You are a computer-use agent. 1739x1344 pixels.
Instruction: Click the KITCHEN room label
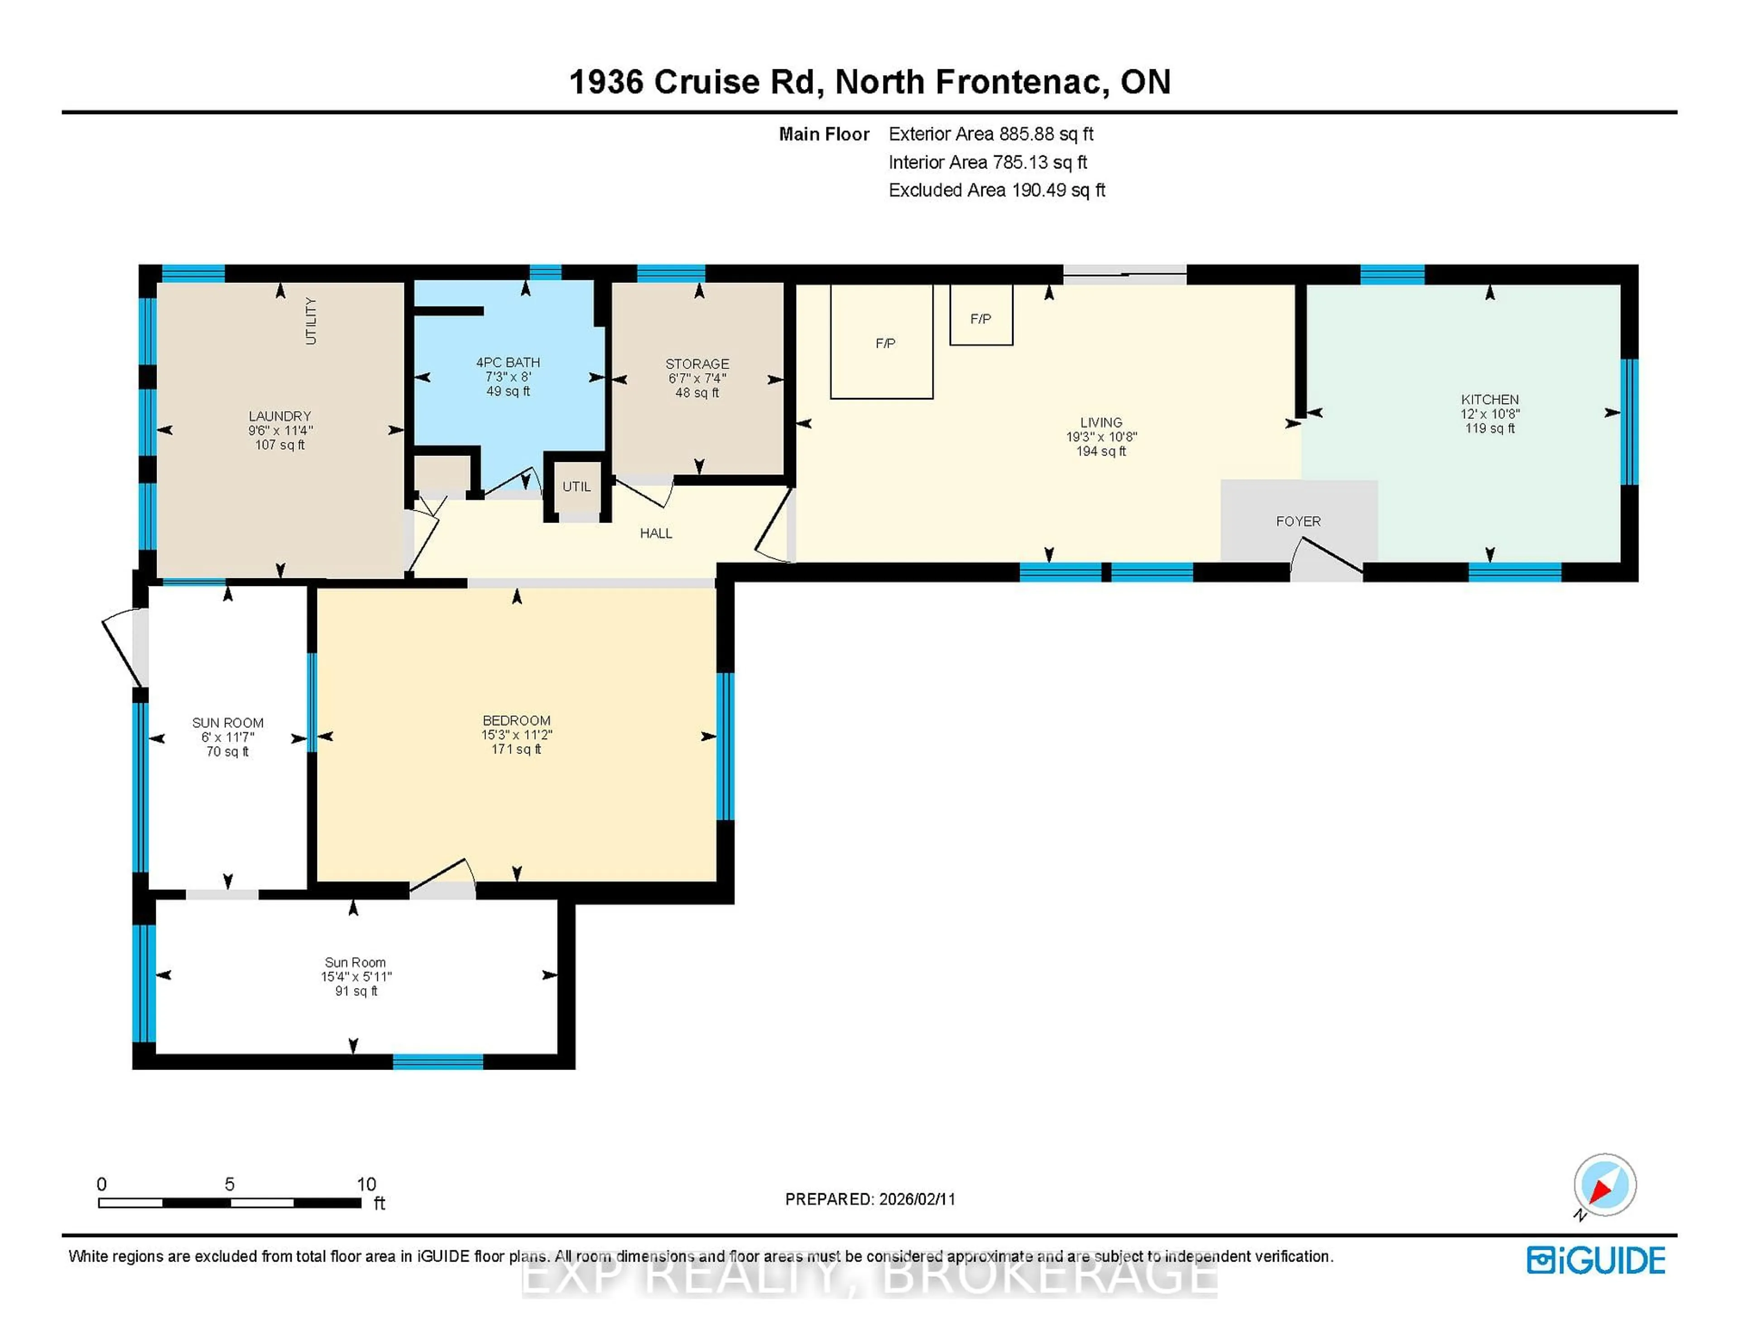point(1489,399)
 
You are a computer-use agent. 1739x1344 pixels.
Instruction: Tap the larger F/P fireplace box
point(881,342)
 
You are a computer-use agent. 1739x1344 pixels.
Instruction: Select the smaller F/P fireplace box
point(980,318)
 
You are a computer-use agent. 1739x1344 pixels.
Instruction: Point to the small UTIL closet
point(576,486)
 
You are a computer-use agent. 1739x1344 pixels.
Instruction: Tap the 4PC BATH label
point(508,362)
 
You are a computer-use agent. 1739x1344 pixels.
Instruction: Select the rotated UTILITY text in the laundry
point(311,321)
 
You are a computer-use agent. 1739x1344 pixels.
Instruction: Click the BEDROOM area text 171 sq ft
point(516,749)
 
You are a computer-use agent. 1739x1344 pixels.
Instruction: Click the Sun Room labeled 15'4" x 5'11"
point(355,976)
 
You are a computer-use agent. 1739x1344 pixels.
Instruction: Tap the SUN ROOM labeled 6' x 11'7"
point(228,736)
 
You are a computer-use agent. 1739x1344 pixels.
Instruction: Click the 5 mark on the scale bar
point(229,1184)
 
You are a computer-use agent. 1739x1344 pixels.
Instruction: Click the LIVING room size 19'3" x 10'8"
point(1101,437)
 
